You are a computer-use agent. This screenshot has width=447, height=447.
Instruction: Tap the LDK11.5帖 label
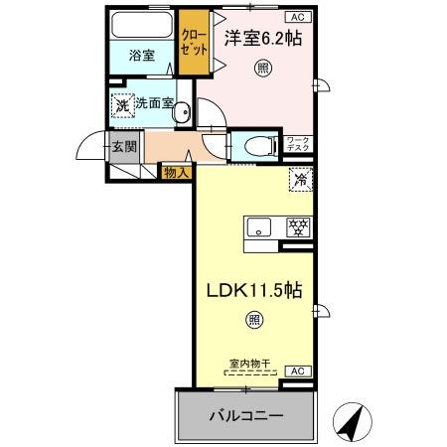(x=254, y=293)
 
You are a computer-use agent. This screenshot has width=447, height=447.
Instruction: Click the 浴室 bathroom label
(x=142, y=56)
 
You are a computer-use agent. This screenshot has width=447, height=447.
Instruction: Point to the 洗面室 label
(x=155, y=102)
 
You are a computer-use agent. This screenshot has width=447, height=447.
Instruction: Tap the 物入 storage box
(x=175, y=172)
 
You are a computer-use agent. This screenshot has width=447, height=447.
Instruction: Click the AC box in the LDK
(x=297, y=371)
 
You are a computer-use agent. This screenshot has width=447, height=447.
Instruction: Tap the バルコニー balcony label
(x=245, y=414)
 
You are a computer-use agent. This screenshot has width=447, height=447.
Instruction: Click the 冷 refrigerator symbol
(x=300, y=180)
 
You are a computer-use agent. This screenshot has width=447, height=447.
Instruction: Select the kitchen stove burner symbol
(x=296, y=226)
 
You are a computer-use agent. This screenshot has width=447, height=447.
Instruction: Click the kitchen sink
(x=257, y=226)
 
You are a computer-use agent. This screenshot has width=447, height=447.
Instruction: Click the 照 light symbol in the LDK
(x=254, y=320)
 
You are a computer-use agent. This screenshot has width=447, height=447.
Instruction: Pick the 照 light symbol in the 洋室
(x=262, y=69)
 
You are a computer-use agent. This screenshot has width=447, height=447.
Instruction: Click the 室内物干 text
(x=245, y=364)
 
